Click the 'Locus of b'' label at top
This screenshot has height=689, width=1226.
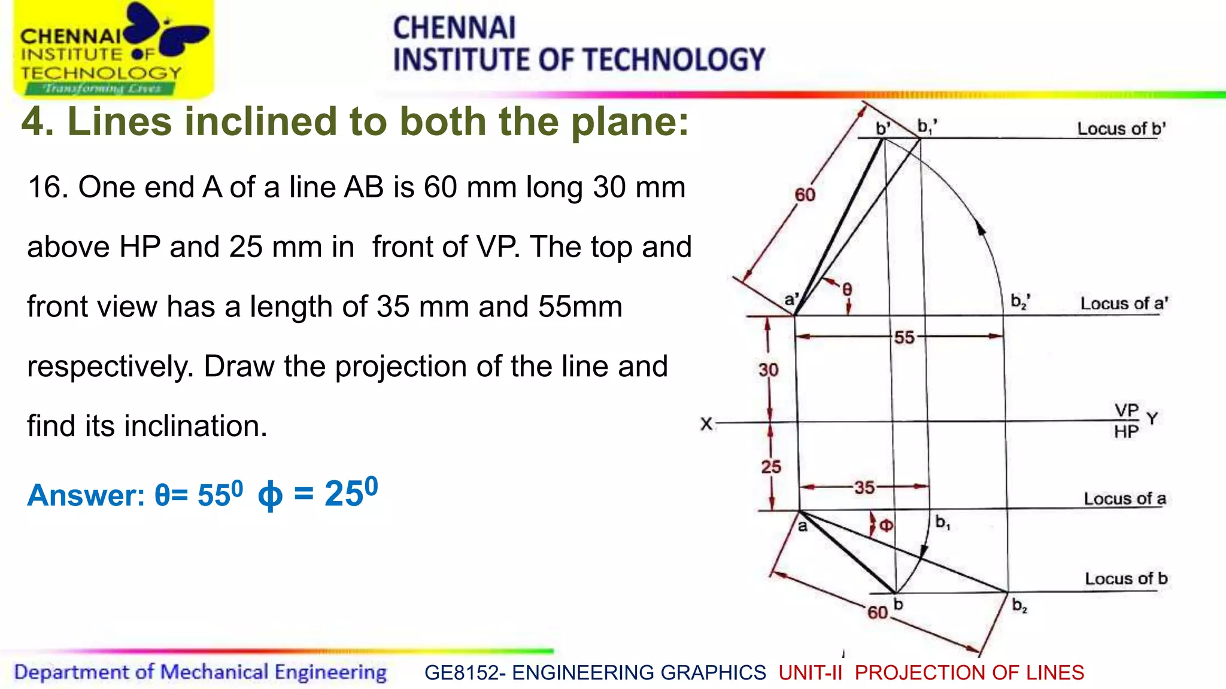[1121, 129]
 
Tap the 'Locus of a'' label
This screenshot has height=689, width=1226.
[1124, 303]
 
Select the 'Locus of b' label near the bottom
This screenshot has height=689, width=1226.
[1125, 578]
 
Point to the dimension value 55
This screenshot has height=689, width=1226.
[904, 337]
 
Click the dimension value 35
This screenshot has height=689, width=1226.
[864, 487]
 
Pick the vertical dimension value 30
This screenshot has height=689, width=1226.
[768, 370]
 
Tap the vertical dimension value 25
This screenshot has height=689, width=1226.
[770, 467]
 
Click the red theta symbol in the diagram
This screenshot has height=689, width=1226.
[846, 290]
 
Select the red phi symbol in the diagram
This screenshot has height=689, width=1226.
[886, 526]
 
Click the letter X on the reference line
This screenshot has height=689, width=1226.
[706, 424]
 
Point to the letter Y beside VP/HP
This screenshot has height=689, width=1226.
[1152, 418]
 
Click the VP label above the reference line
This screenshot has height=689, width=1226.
[1126, 410]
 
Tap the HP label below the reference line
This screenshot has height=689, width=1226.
[1126, 432]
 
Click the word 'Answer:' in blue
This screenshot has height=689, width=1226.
[86, 495]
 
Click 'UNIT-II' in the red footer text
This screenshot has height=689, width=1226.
[810, 673]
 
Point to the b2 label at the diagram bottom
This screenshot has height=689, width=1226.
[1019, 606]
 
